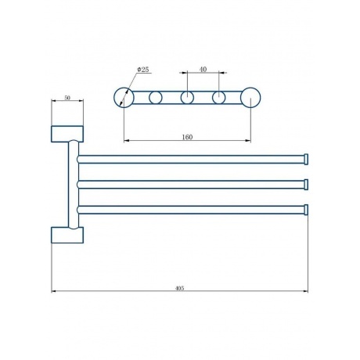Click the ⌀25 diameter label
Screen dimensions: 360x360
(x=143, y=70)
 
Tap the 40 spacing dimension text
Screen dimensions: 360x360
(x=203, y=70)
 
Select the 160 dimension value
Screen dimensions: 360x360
(x=187, y=137)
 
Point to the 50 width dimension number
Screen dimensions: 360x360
(x=67, y=98)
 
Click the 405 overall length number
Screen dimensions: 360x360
(x=179, y=288)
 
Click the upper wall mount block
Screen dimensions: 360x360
(x=67, y=134)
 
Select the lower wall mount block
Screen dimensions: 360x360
(x=67, y=235)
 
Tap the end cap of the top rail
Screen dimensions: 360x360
(x=306, y=160)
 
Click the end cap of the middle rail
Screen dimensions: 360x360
(x=306, y=185)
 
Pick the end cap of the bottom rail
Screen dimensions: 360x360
(x=306, y=210)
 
